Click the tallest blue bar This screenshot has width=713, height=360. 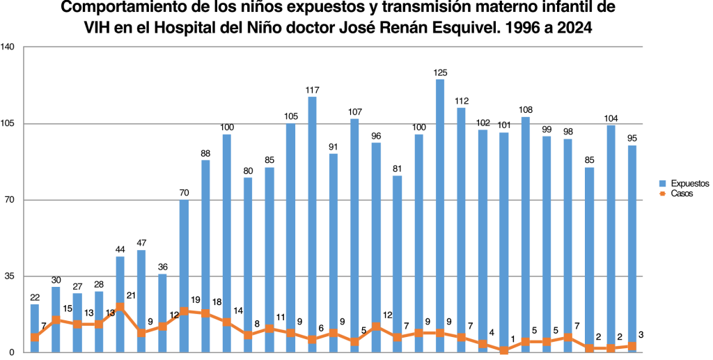[440, 209]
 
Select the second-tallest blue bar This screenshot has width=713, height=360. [312, 223]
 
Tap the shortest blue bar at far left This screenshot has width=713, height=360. [34, 327]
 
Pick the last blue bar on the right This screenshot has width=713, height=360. [632, 244]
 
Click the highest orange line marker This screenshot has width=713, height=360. [120, 306]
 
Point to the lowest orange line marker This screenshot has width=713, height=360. [504, 351]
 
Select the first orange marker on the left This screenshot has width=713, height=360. [34, 338]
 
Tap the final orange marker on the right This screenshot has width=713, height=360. [632, 346]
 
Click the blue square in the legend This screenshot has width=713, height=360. [662, 184]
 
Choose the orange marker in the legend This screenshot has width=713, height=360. [662, 194]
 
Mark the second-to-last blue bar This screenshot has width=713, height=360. [611, 237]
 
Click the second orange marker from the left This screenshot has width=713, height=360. [56, 320]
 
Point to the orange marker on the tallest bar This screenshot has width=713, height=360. [440, 333]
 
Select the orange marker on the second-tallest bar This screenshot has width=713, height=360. [312, 339]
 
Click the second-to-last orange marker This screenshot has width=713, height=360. [611, 347]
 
